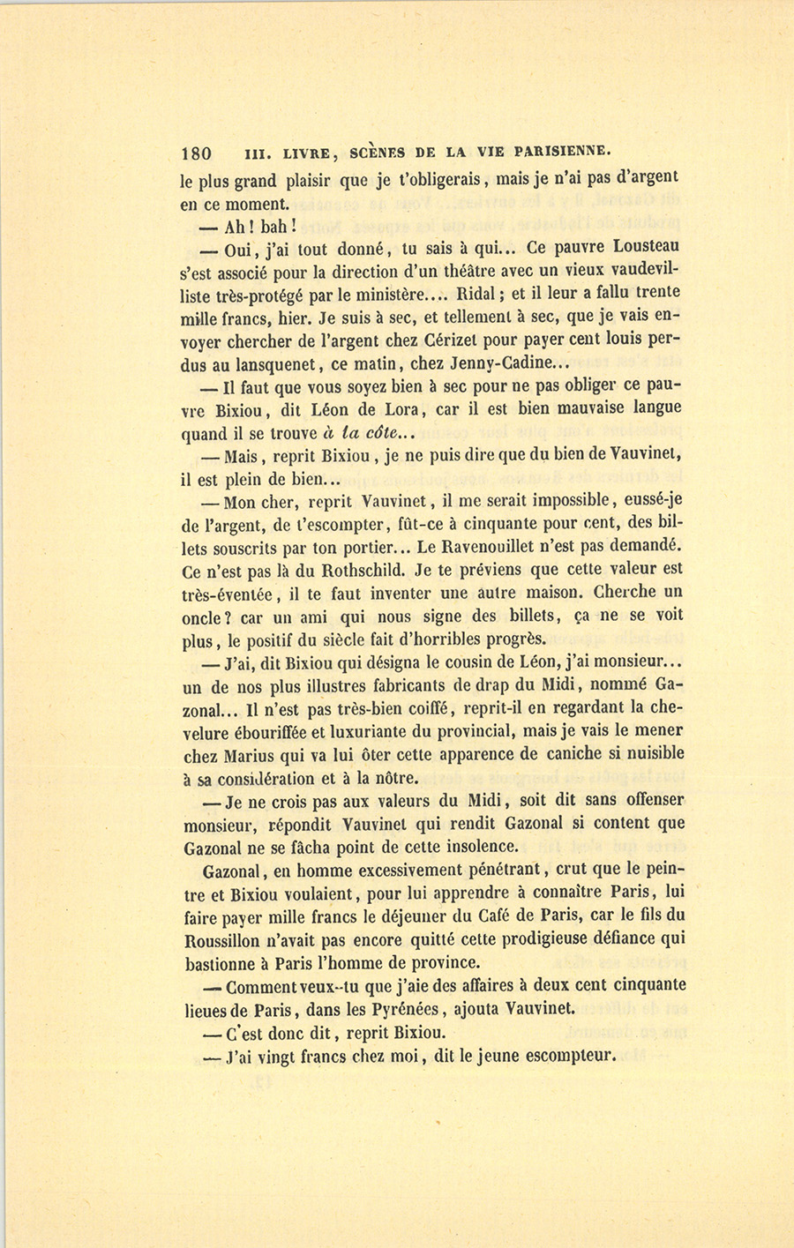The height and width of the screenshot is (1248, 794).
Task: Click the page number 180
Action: [x=196, y=151]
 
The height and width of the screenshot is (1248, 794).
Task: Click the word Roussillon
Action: [x=227, y=939]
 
